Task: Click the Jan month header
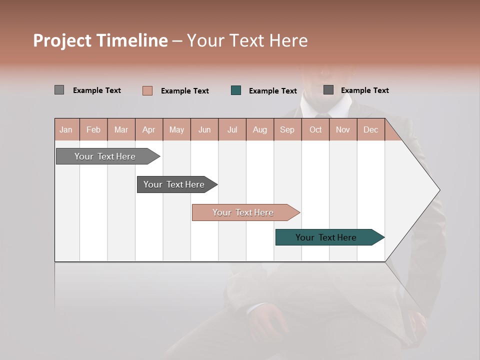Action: [x=66, y=129]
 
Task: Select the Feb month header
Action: [x=93, y=129]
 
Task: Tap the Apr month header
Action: [x=148, y=129]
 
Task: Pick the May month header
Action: [x=176, y=129]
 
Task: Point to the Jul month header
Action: [x=232, y=129]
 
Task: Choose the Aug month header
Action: [x=259, y=129]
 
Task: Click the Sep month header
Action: [x=287, y=129]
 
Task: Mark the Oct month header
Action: [x=315, y=129]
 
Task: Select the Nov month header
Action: [x=343, y=129]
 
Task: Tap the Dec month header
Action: [x=370, y=129]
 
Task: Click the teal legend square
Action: [x=236, y=90]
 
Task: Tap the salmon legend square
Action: [x=147, y=90]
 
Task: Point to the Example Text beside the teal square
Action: [x=272, y=91]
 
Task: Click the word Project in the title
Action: [x=62, y=40]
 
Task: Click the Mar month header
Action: [x=121, y=129]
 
